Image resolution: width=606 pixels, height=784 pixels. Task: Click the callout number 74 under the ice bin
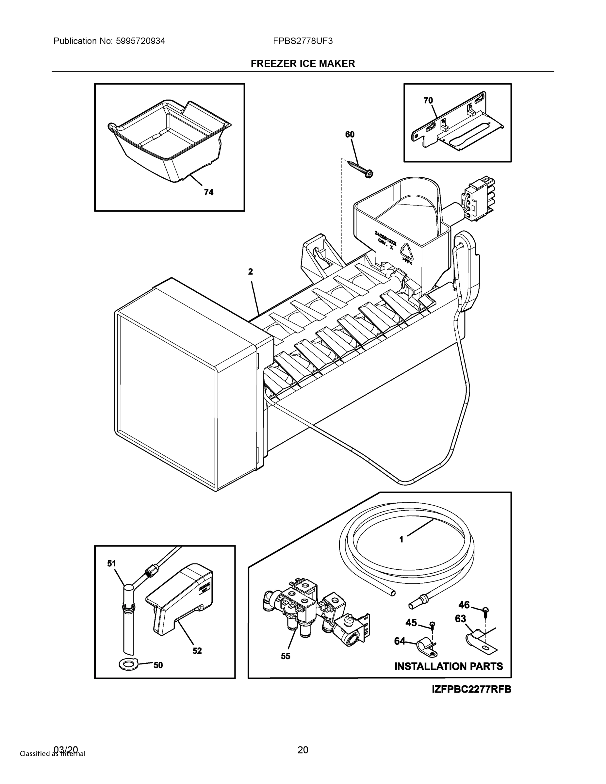click(x=208, y=192)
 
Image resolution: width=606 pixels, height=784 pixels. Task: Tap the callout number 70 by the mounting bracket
click(x=428, y=101)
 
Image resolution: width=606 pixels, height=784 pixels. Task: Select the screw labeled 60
click(x=360, y=168)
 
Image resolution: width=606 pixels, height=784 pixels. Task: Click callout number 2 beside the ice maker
click(x=250, y=271)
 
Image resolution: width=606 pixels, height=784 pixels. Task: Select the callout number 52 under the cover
click(x=197, y=651)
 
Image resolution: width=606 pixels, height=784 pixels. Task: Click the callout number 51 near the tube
click(x=112, y=563)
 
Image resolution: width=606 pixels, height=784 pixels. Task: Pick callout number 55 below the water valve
click(x=286, y=656)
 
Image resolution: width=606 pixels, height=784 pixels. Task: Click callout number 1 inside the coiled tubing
click(x=401, y=539)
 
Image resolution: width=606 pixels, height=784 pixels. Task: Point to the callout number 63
click(x=460, y=618)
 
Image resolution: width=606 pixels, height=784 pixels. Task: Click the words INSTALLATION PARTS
click(x=449, y=666)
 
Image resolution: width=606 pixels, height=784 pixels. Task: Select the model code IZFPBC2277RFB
click(x=471, y=689)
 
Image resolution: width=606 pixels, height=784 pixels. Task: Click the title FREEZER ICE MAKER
click(x=303, y=64)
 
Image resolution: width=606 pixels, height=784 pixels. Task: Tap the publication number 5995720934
click(x=140, y=41)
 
